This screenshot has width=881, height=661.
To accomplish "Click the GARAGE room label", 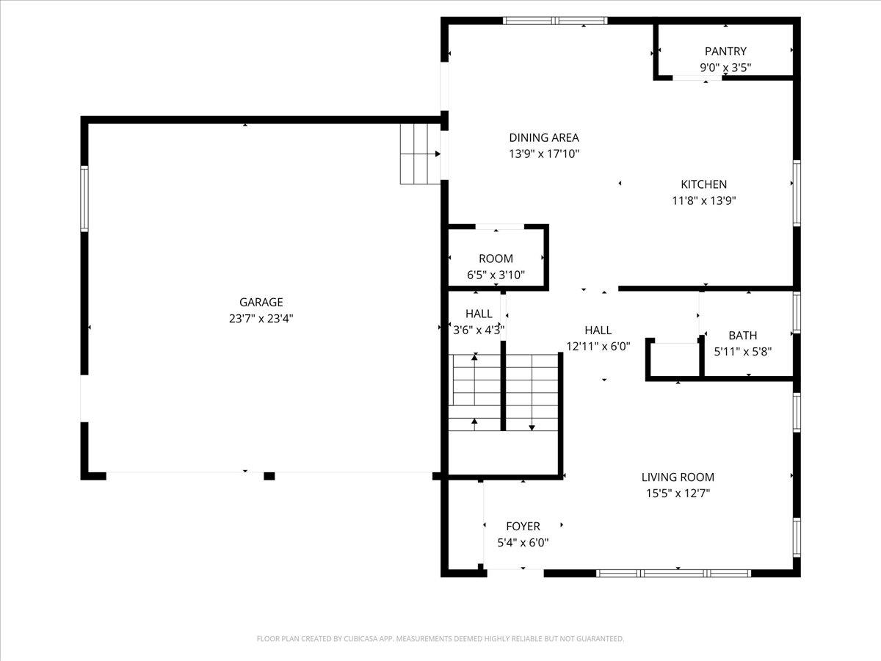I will pos(261,302).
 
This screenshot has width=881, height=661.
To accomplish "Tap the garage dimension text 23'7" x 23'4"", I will pos(261,318).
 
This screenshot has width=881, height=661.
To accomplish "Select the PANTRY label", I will pos(725,51).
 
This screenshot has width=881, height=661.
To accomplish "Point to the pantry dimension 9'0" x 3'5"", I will pos(725,68).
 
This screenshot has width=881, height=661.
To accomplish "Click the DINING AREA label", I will pos(544,137).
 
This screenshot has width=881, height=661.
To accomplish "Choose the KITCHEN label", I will pos(703,184).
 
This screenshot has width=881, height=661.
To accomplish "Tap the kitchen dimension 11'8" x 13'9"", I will pos(703,201).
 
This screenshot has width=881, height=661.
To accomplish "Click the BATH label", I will pos(743,336).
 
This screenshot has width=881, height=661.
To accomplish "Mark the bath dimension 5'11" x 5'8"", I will pos(743,352).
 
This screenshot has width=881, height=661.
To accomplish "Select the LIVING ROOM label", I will pos(678,477).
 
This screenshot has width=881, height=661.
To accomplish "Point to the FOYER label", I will pos(523,527).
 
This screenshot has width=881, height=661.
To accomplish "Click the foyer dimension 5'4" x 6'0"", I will pos(523,543).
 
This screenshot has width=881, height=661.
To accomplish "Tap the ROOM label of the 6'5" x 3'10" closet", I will pos(496,259).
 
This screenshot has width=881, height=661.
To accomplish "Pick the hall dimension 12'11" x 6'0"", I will pos(598,347).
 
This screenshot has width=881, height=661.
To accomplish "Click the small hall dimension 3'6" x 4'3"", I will pos(479,330).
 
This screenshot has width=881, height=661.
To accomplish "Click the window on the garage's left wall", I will pos(84,199).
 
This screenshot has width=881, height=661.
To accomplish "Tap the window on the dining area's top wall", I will pos(555,21).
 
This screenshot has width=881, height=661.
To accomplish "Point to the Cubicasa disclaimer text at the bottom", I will pos(440,639).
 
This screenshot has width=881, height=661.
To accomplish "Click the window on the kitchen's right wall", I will pos(797,193).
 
